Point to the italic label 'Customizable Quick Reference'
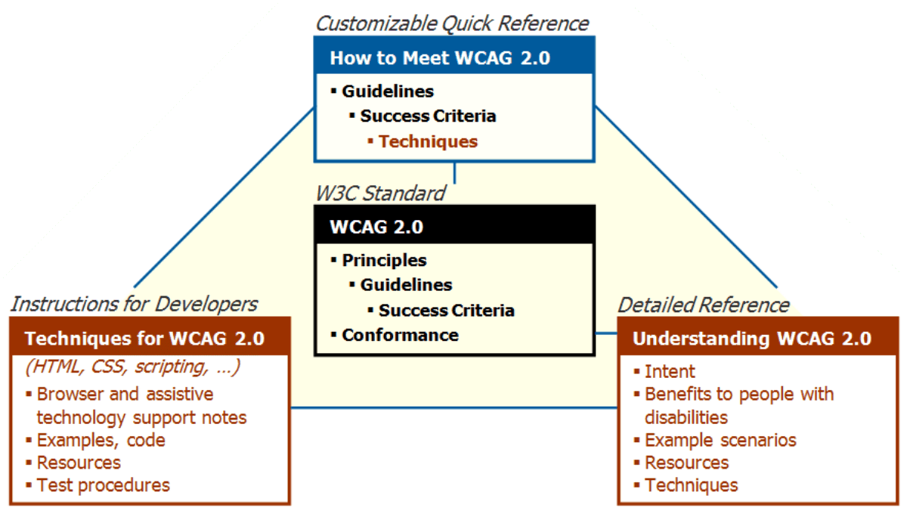451,23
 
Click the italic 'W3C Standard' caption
380,194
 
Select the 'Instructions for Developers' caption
134,304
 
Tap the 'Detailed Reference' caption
704,305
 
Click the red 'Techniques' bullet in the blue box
428,141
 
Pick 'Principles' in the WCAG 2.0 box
384,260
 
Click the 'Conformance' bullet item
400,335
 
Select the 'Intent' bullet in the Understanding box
670,371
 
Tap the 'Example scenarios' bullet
720,440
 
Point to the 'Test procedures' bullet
104,485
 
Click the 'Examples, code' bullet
101,440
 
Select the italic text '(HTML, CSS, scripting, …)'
132,367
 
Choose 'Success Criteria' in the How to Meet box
428,116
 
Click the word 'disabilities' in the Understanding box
686,417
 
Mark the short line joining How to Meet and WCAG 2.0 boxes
454,172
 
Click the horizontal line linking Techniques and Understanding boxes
453,408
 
